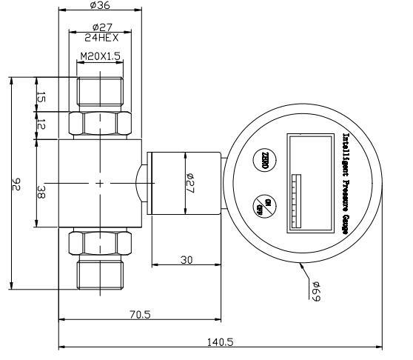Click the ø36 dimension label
pyautogui.click(x=100, y=5)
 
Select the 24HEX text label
pyautogui.click(x=100, y=36)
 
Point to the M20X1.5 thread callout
pyautogui.click(x=100, y=56)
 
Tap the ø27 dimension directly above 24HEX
pyautogui.click(x=100, y=27)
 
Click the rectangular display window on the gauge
pyautogui.click(x=310, y=181)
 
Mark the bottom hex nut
pyautogui.click(x=100, y=241)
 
